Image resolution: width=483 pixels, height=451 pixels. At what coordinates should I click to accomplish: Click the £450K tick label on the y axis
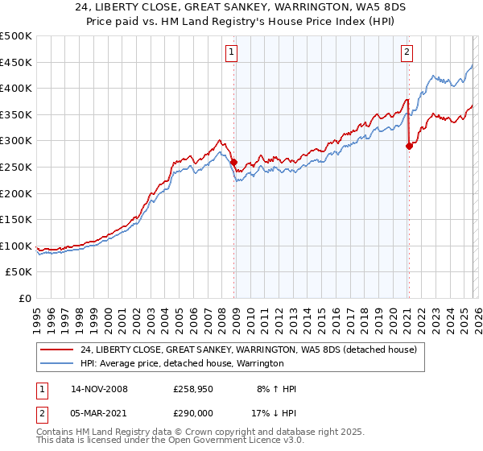pos(16,62)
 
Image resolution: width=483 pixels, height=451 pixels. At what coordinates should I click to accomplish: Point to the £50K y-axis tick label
pos(19,272)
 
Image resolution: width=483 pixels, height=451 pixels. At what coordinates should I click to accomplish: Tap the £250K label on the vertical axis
pos(16,167)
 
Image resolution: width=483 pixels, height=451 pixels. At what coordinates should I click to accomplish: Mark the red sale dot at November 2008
pos(233,162)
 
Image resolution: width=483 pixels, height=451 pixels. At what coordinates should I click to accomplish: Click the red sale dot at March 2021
pos(409,146)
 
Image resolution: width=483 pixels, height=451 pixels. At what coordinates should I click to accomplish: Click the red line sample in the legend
pos(57,350)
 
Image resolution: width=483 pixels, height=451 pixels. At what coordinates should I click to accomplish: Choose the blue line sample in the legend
pos(57,364)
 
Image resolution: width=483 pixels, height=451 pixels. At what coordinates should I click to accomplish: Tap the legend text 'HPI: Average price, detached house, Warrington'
pos(182,364)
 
